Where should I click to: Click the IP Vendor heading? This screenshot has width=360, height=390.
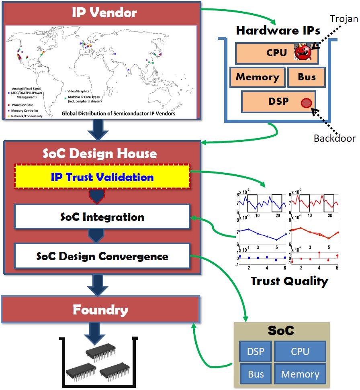point(104,12)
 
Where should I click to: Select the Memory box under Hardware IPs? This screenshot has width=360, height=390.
point(257,77)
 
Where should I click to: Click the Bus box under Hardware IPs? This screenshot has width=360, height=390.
point(306,77)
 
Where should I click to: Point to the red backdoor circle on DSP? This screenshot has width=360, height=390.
point(307,102)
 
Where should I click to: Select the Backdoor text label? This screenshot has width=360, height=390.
point(335,139)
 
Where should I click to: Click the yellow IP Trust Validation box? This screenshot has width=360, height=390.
point(102,177)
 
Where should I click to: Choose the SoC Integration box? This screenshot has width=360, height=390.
point(102,217)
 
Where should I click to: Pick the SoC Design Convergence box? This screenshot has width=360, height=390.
point(102,256)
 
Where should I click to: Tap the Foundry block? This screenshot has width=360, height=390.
point(100,310)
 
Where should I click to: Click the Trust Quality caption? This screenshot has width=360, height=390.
point(289,281)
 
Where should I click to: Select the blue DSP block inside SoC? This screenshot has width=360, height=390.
point(256,352)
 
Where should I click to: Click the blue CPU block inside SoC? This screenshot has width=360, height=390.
point(300,352)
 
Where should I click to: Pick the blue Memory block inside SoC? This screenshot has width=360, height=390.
point(300,374)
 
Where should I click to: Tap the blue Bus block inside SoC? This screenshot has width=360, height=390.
point(256,374)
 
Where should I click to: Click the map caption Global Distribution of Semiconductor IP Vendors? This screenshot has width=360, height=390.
point(118,113)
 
